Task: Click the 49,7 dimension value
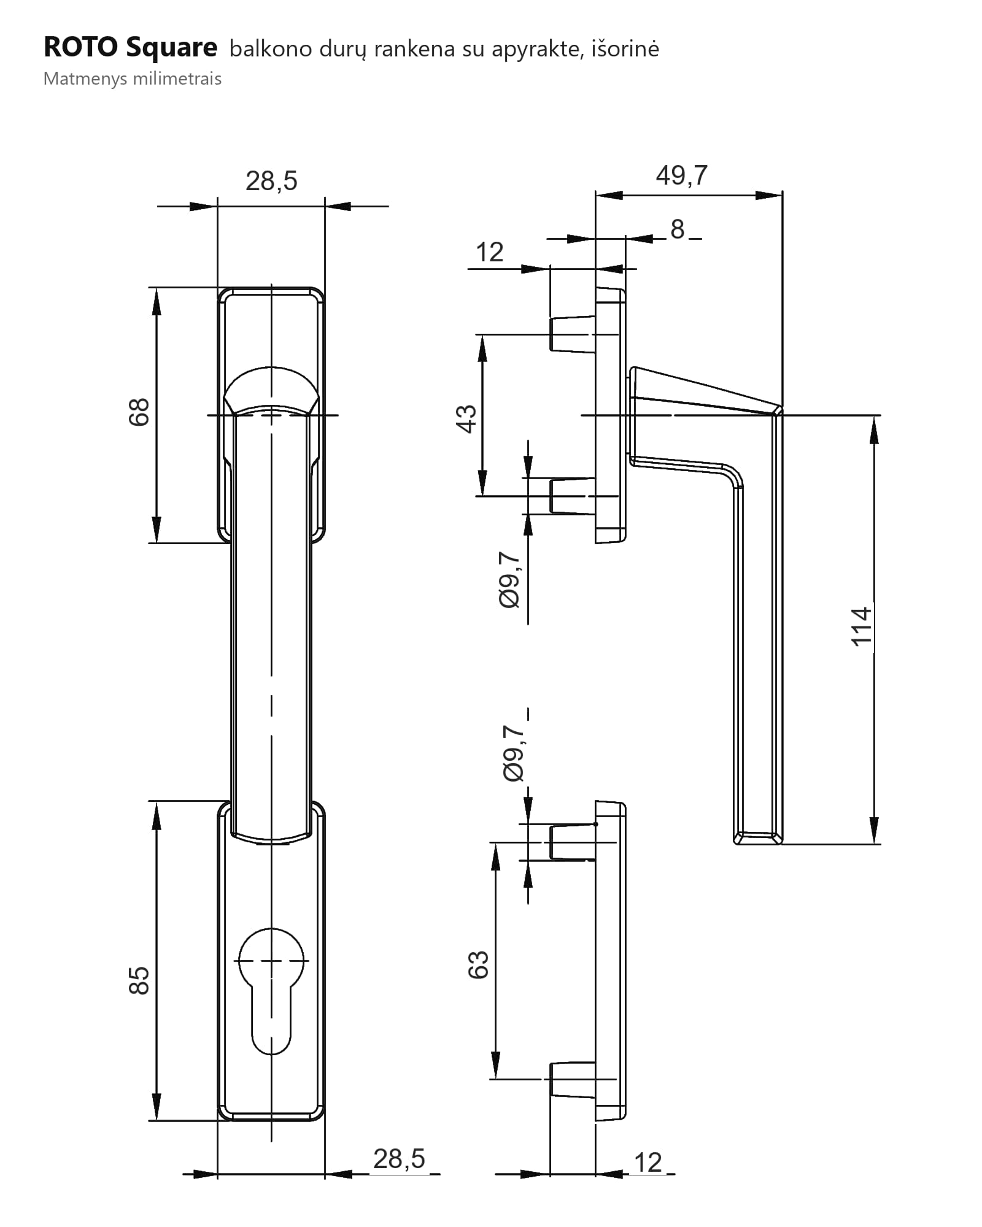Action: [x=681, y=175]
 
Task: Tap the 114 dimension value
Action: [x=861, y=626]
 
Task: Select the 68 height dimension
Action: [x=139, y=412]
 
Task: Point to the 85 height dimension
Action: [x=139, y=980]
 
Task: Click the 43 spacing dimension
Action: [x=466, y=419]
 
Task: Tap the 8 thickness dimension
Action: [x=677, y=229]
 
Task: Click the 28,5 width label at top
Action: [x=271, y=181]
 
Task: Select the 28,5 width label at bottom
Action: [x=399, y=1159]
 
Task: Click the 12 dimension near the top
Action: [x=489, y=252]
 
